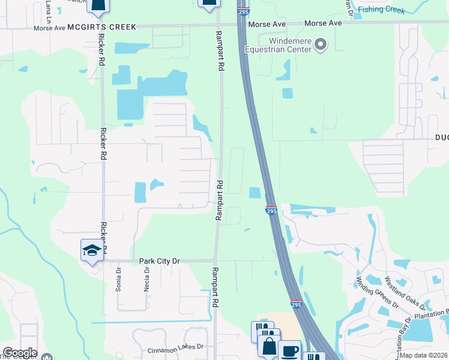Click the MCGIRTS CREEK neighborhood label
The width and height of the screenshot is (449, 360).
coord(102,27)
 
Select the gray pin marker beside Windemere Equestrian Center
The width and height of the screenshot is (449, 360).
coord(321,44)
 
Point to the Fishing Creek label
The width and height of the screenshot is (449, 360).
coord(382,10)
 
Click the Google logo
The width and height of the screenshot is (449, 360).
coord(20,353)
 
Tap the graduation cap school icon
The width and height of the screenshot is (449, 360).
coord(91,250)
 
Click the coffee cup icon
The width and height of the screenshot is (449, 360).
coord(289,350)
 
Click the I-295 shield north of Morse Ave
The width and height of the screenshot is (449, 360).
coord(243,11)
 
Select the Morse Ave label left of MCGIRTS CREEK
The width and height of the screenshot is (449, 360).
coord(49,28)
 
